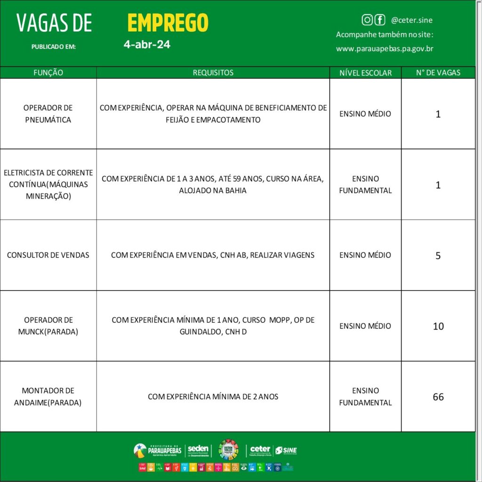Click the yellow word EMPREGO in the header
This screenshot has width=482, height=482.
click(x=168, y=23)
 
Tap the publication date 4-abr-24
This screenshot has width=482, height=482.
click(x=147, y=45)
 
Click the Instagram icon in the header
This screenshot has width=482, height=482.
click(x=367, y=20)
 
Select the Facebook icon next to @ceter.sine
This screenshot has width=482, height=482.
click(x=380, y=20)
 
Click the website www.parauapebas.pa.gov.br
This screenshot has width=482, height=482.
click(x=385, y=48)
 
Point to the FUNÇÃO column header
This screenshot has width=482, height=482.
click(x=48, y=72)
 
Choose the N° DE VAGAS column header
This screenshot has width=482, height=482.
click(x=438, y=72)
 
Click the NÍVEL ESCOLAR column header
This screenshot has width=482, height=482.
click(x=365, y=73)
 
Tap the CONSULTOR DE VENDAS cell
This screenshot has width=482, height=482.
click(x=48, y=255)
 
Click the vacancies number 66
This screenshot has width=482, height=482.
click(x=438, y=397)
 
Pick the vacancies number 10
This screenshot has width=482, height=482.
click(x=438, y=326)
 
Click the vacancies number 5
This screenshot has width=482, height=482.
click(x=438, y=256)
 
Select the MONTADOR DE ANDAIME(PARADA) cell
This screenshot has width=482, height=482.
click(x=48, y=397)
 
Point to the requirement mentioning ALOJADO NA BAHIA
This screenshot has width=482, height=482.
click(x=213, y=185)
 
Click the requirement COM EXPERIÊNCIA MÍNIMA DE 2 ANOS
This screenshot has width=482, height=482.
click(x=213, y=397)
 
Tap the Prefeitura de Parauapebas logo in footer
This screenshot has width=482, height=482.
click(x=157, y=450)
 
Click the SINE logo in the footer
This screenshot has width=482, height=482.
click(x=286, y=450)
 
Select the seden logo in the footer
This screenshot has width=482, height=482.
click(x=198, y=450)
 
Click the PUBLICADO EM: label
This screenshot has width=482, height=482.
click(x=53, y=47)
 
